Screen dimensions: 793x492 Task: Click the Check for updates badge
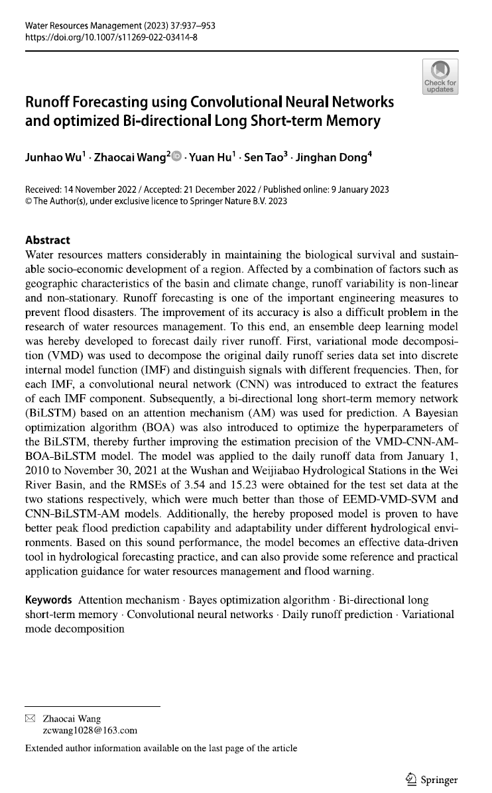click(440, 77)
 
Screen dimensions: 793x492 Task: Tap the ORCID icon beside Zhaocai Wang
click(176, 157)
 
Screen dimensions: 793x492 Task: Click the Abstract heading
click(47, 240)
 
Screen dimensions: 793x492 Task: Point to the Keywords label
click(48, 600)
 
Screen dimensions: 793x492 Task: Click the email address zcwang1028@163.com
click(90, 731)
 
